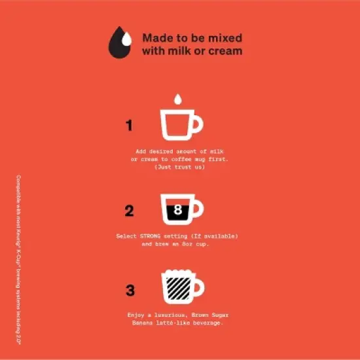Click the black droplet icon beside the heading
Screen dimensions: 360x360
click(x=120, y=43)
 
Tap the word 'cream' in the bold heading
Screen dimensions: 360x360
click(x=224, y=51)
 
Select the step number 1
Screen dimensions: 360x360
click(x=129, y=126)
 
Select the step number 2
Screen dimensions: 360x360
click(x=129, y=211)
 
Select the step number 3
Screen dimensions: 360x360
click(x=130, y=289)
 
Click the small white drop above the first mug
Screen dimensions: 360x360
click(x=176, y=99)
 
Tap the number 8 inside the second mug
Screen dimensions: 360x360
click(x=176, y=211)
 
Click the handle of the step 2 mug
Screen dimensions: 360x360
click(x=197, y=209)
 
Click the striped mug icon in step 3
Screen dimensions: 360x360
click(x=177, y=287)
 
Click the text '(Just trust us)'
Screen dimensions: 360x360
click(x=179, y=167)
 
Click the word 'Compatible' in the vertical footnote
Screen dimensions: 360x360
click(x=18, y=189)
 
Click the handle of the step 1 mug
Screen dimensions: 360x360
click(x=197, y=124)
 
